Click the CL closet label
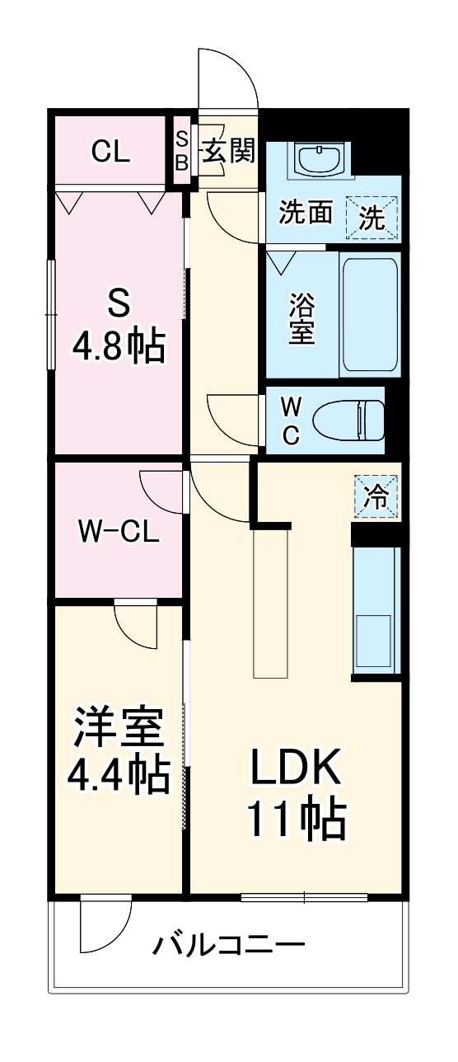[110, 152]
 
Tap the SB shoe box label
[181, 149]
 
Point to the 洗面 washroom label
[306, 214]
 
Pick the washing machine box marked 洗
[372, 217]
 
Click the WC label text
[291, 421]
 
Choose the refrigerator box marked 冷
[376, 496]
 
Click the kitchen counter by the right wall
[376, 611]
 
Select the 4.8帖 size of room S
[118, 346]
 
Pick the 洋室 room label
[119, 726]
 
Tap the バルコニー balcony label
[228, 944]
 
